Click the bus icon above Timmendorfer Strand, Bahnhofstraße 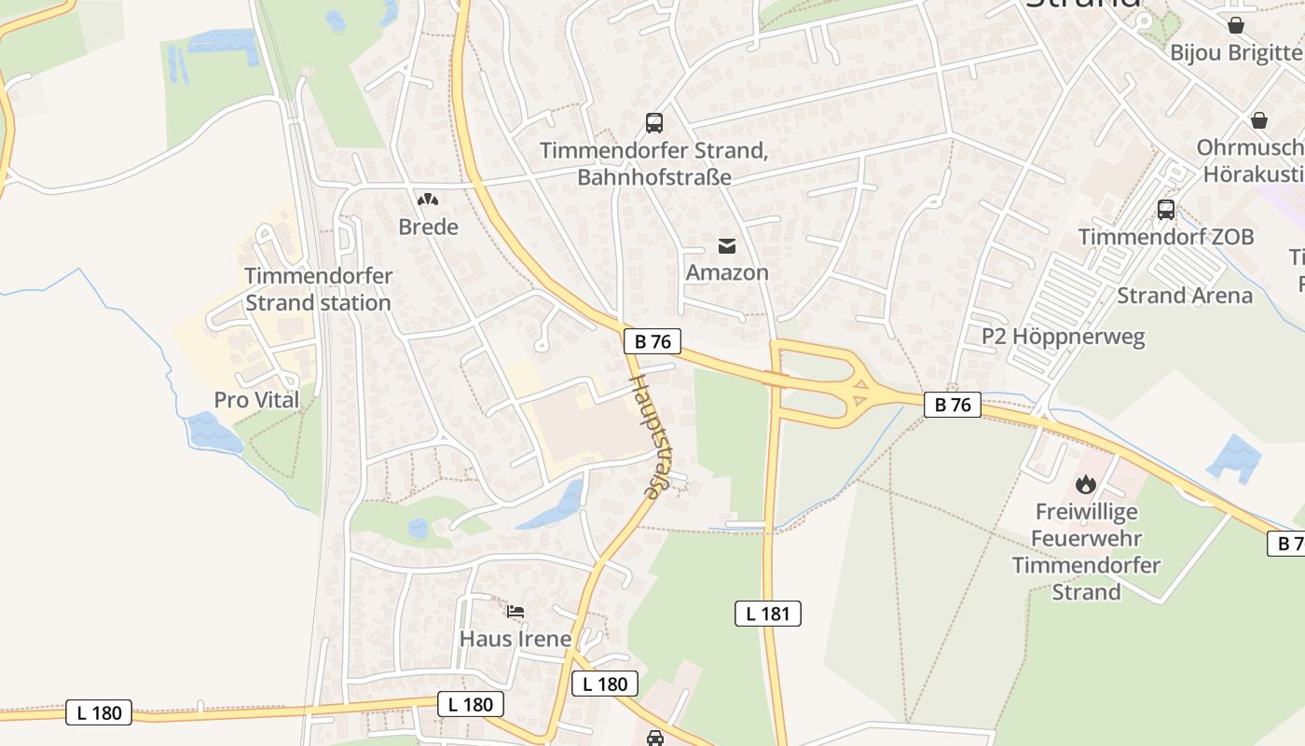click(x=654, y=122)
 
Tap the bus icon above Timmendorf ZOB click(x=1166, y=209)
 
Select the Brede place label click(x=428, y=227)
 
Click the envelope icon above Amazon click(x=727, y=245)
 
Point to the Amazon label click(x=727, y=272)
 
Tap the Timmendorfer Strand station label click(x=318, y=289)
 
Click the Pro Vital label click(x=257, y=400)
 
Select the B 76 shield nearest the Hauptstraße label click(x=652, y=341)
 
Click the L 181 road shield click(x=768, y=613)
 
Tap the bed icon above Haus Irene click(x=515, y=612)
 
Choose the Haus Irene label click(x=515, y=639)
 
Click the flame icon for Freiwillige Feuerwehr click(x=1085, y=484)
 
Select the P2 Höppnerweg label click(x=1064, y=336)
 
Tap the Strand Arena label click(x=1185, y=296)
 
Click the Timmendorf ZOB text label click(x=1166, y=237)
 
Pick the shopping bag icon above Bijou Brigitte click(x=1236, y=25)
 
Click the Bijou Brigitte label click(x=1236, y=52)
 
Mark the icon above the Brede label click(x=428, y=199)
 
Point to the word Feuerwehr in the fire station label click(x=1086, y=538)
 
